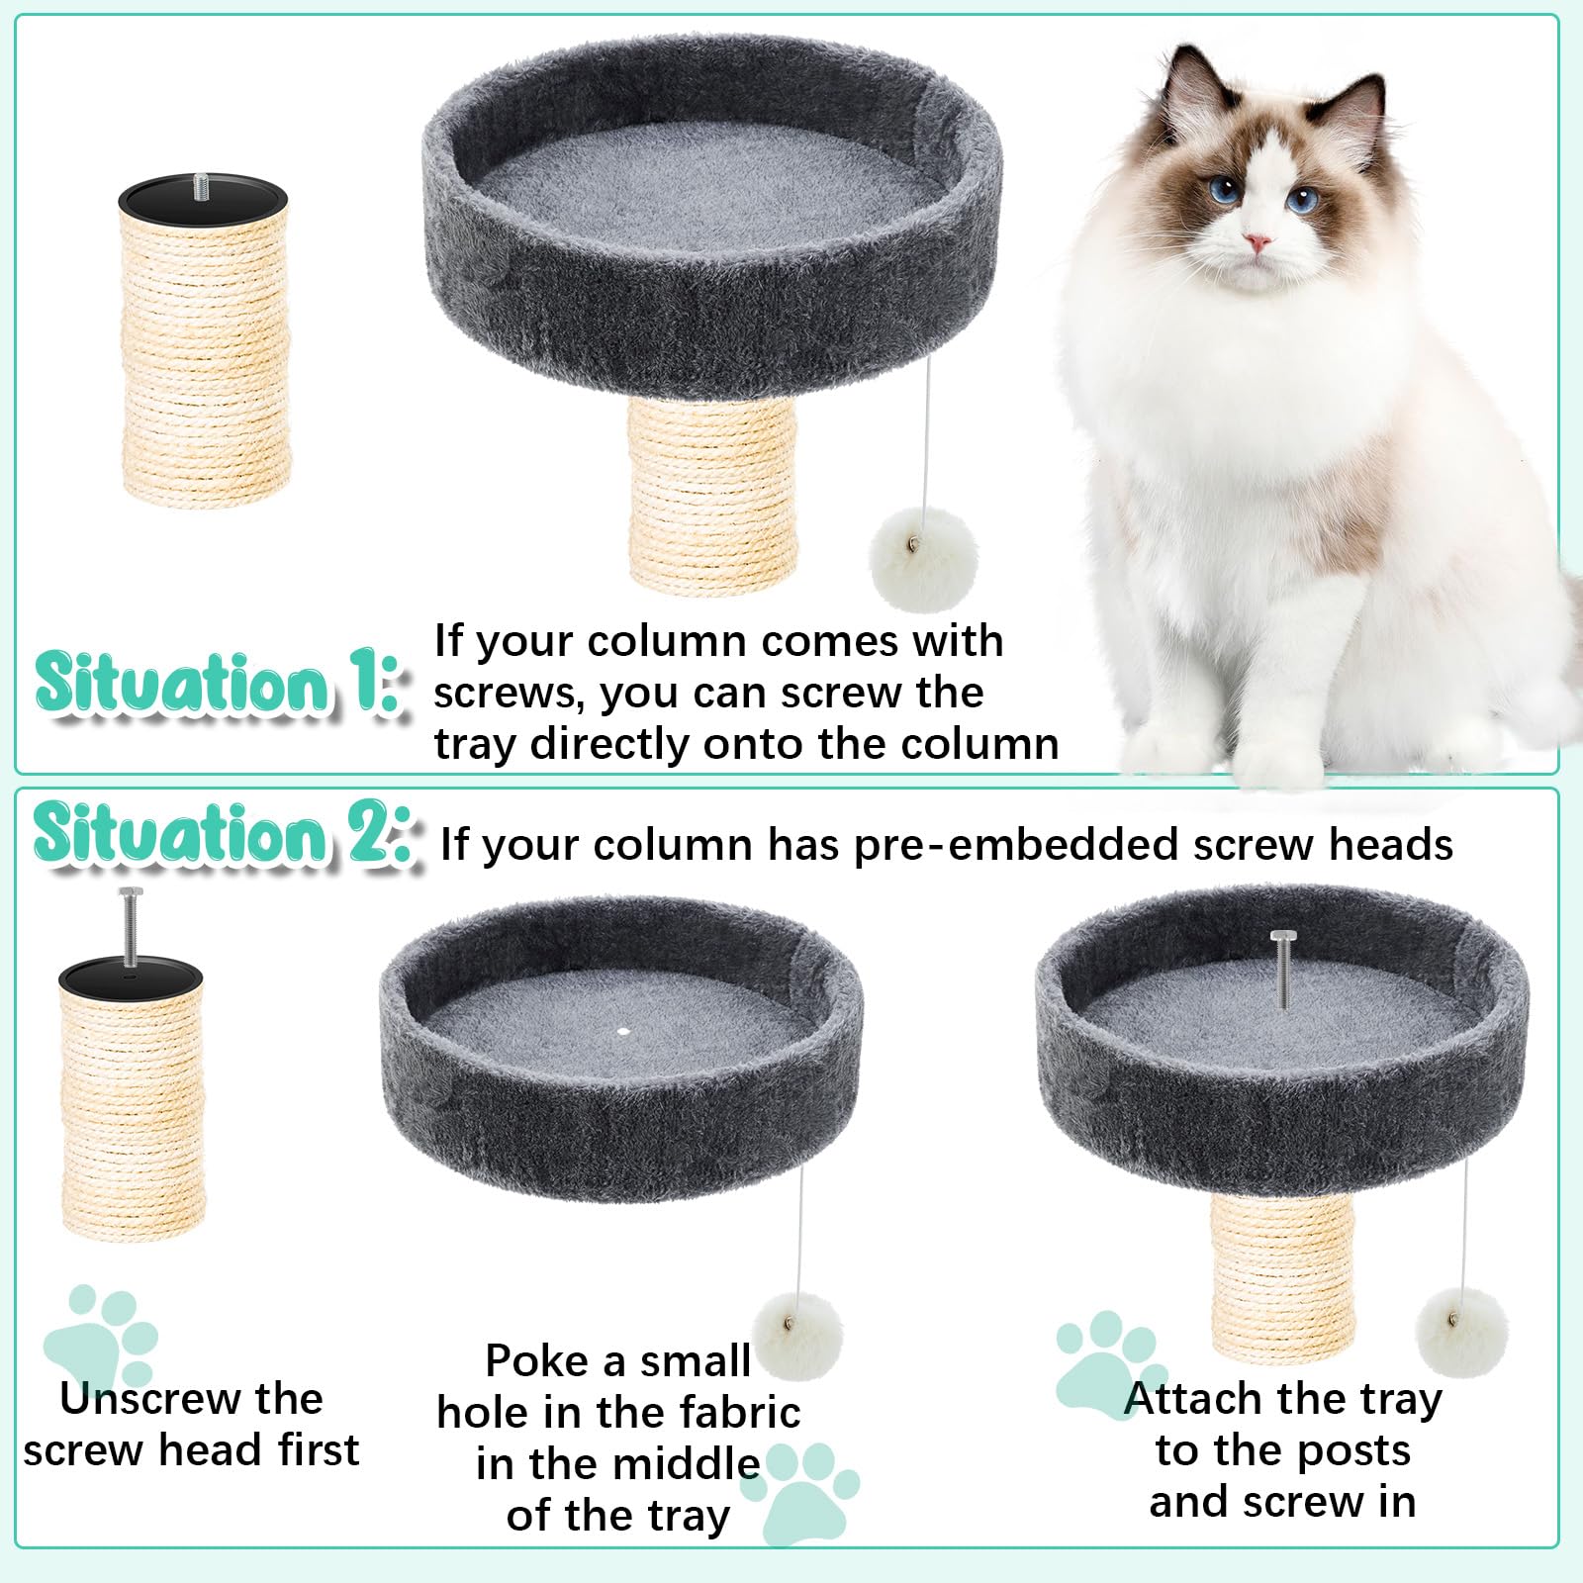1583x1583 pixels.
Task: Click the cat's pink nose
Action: click(x=1257, y=241)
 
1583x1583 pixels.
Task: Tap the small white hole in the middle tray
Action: click(x=622, y=1031)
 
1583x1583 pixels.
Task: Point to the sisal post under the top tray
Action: click(x=712, y=495)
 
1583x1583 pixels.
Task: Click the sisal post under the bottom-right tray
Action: click(x=1282, y=1276)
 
